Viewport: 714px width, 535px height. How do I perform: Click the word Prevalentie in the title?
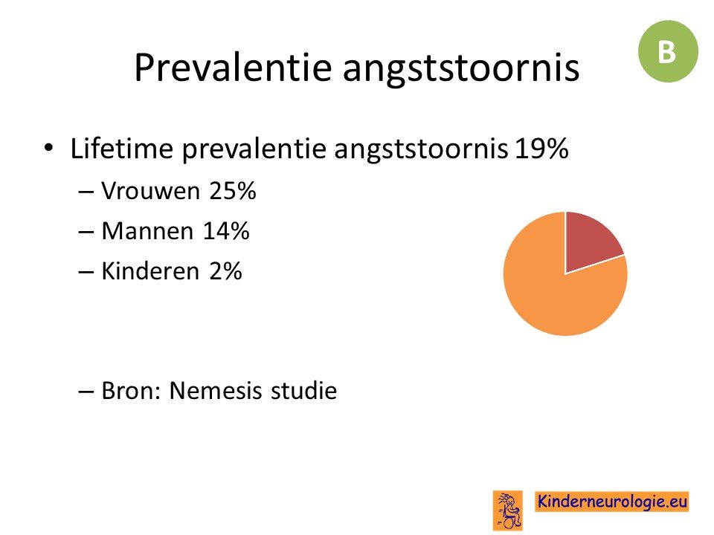[x=233, y=68]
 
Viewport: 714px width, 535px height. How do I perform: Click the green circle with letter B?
[x=668, y=51]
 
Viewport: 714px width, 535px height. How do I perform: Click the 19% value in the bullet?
[x=541, y=149]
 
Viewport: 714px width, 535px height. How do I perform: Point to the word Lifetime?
[x=121, y=149]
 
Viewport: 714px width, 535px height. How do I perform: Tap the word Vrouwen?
[x=150, y=191]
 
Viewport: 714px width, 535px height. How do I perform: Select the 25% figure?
[x=233, y=191]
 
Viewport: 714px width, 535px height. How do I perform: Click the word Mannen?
[x=147, y=230]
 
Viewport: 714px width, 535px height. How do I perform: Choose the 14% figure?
[x=226, y=230]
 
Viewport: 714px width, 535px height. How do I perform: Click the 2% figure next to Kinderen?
[x=225, y=271]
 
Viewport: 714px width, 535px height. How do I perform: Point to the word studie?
[x=303, y=390]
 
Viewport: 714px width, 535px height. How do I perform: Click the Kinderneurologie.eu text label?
[x=612, y=502]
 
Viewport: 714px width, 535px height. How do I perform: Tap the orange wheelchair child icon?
[x=508, y=510]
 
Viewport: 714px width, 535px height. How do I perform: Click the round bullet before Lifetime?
[x=48, y=148]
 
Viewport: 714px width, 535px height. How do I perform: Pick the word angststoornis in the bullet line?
[x=421, y=149]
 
